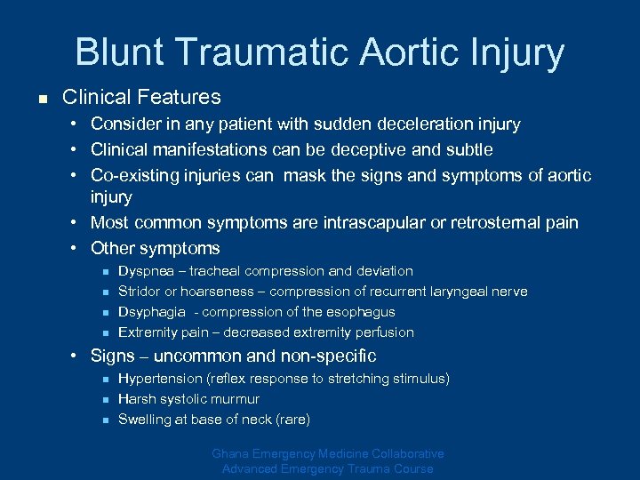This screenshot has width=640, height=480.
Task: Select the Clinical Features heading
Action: pyautogui.click(x=141, y=96)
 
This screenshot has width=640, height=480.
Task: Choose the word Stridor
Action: pyautogui.click(x=139, y=292)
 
